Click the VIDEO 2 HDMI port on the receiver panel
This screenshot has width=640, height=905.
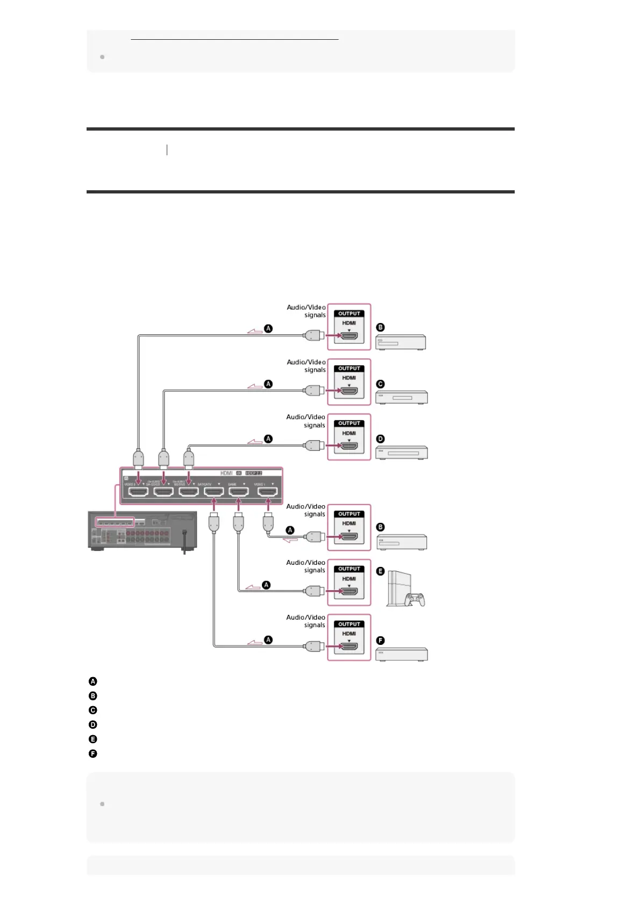pos(138,492)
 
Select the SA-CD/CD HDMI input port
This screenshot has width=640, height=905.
pos(163,492)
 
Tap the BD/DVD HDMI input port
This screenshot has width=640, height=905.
pos(188,492)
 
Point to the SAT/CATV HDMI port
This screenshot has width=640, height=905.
pos(214,492)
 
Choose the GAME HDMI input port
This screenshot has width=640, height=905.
pos(239,492)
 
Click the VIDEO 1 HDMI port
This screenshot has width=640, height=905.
pos(267,492)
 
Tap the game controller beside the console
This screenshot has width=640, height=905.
pos(416,599)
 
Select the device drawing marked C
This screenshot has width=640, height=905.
pos(401,398)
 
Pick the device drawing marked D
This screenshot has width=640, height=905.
pos(401,453)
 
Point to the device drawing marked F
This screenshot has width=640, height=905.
pos(401,654)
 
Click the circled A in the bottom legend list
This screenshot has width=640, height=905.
pos(93,681)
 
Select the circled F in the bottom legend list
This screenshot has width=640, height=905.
pos(93,754)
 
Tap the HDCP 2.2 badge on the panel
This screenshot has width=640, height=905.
pos(253,473)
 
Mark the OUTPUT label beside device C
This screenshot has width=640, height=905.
pos(349,369)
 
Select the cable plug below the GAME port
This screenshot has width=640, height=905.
pos(239,522)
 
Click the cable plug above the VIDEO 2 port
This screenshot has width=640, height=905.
pos(138,458)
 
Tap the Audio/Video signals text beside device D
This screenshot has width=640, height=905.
pos(306,421)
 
